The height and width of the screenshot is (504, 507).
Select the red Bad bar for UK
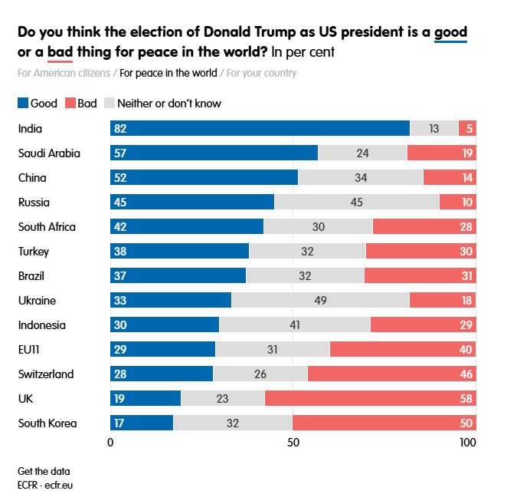pyautogui.click(x=370, y=399)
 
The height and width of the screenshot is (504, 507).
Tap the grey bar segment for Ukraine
pyautogui.click(x=320, y=301)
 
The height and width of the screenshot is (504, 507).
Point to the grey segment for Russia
pyautogui.click(x=356, y=203)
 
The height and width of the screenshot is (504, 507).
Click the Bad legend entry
pyautogui.click(x=80, y=103)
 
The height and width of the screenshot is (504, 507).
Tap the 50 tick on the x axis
pyautogui.click(x=293, y=443)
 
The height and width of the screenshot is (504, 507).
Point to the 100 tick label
pyautogui.click(x=467, y=443)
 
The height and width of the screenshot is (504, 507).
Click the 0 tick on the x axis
pyautogui.click(x=110, y=443)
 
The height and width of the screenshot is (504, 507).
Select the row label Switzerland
pyautogui.click(x=46, y=374)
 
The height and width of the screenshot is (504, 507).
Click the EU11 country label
pyautogui.click(x=30, y=350)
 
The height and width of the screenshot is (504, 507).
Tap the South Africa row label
pyautogui.click(x=47, y=227)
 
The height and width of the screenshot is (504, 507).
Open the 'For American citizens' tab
pyautogui.click(x=64, y=74)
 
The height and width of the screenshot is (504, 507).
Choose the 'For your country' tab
pyautogui.click(x=261, y=74)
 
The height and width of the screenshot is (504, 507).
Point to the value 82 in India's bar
pyautogui.click(x=119, y=129)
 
